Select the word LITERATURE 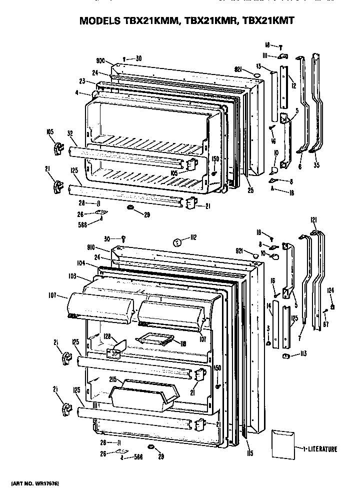point(322,449)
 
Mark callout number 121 point(313,219)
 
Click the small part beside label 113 point(287,355)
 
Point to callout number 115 point(249,453)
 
